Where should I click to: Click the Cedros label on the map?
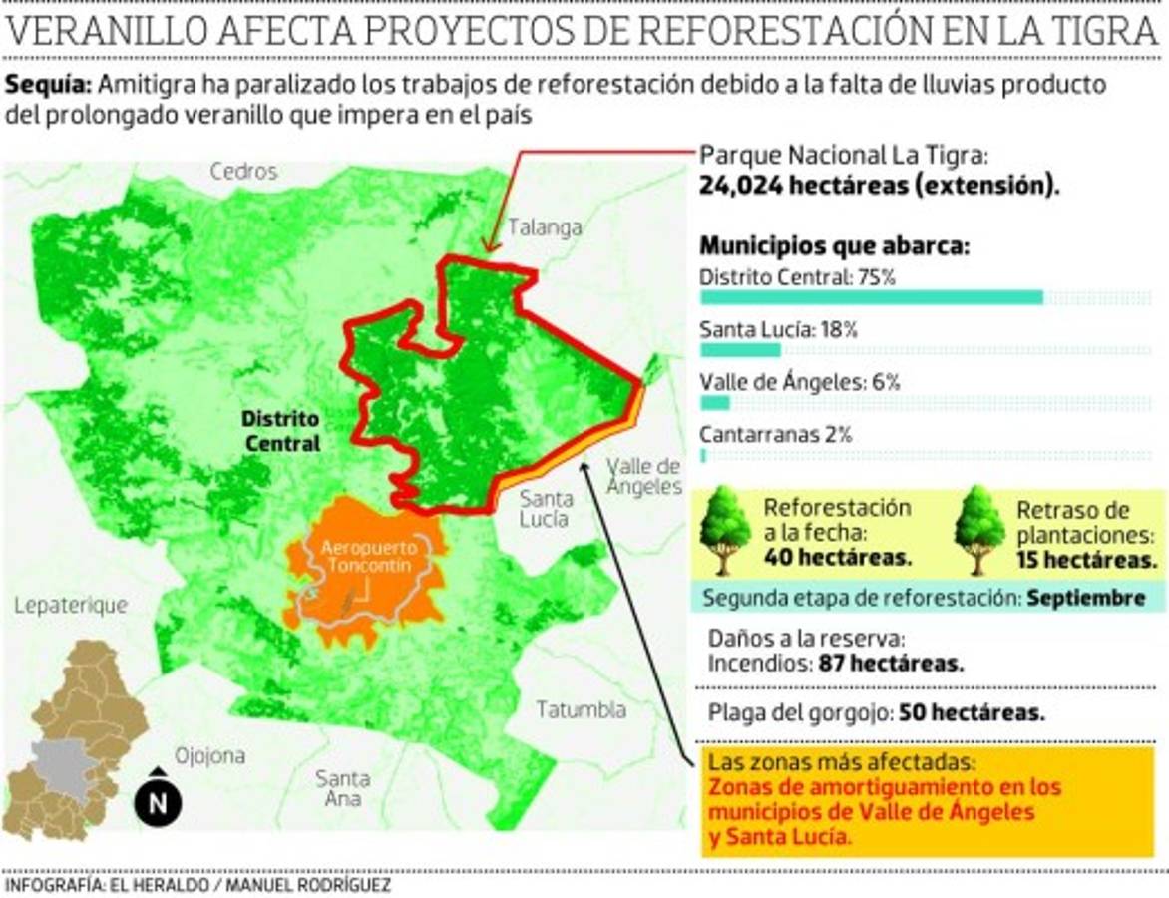click(x=243, y=172)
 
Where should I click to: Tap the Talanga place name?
click(x=545, y=227)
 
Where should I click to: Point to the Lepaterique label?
click(x=71, y=605)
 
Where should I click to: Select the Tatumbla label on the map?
click(x=582, y=710)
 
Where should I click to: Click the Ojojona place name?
click(x=209, y=755)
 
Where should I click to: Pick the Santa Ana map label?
click(x=342, y=788)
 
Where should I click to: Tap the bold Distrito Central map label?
click(x=281, y=431)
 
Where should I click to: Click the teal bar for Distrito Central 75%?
click(x=871, y=297)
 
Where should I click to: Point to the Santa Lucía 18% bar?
click(x=740, y=349)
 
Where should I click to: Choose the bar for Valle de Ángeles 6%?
click(x=715, y=402)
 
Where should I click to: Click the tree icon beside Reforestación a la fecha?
click(x=725, y=529)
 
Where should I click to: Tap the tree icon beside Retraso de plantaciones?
click(x=978, y=529)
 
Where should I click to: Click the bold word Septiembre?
click(x=1085, y=599)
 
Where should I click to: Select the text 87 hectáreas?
click(x=892, y=663)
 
